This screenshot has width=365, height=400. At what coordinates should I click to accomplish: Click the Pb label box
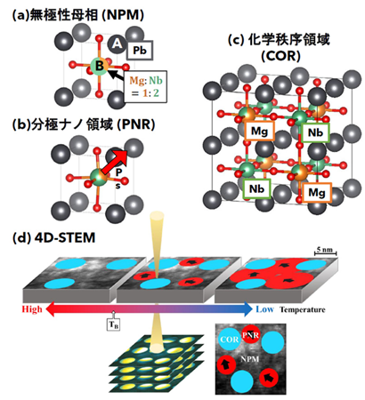tap(140, 51)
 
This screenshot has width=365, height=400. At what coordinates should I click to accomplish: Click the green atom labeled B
tap(99, 66)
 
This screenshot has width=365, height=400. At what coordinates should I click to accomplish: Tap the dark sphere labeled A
tap(117, 44)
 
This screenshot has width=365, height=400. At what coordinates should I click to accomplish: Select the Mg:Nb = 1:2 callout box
tap(145, 86)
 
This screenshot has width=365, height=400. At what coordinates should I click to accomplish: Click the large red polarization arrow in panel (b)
tap(115, 163)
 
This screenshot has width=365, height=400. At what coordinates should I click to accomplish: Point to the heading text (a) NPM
tap(78, 15)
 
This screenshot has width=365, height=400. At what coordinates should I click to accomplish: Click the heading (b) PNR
tap(84, 124)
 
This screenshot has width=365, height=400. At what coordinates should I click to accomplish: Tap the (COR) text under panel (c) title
tap(280, 55)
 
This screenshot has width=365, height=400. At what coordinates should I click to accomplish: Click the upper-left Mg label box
tap(259, 131)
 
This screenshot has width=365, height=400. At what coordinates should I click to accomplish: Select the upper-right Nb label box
tap(315, 132)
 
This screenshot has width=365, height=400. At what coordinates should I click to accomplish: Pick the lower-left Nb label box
tap(256, 188)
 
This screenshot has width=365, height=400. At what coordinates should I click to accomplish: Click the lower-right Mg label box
tap(317, 193)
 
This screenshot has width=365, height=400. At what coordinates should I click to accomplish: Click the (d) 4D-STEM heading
tap(54, 238)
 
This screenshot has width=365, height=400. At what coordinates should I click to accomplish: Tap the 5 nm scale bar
tap(326, 252)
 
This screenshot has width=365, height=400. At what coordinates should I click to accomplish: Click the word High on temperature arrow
tap(32, 309)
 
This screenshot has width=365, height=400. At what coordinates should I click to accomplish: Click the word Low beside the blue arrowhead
tap(264, 309)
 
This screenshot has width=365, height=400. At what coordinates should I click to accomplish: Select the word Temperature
tap(303, 310)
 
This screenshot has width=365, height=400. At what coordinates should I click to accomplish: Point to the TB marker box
tap(114, 324)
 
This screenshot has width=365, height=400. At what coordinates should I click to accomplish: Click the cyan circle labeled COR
tap(230, 339)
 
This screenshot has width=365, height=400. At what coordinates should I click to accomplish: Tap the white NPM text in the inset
tap(250, 359)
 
